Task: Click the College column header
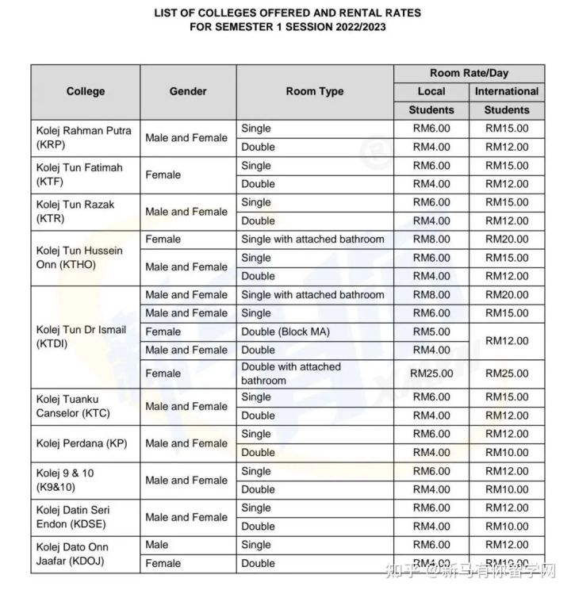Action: [86, 91]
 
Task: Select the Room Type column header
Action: [315, 91]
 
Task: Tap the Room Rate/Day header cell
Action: [469, 73]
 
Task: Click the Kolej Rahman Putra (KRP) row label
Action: [83, 137]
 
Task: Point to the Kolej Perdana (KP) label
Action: [82, 443]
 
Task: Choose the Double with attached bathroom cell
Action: [291, 374]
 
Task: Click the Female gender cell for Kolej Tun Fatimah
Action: [163, 174]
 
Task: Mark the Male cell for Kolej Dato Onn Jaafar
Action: [157, 545]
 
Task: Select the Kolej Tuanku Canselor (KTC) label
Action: [74, 406]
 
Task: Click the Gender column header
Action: [188, 91]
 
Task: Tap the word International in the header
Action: [507, 91]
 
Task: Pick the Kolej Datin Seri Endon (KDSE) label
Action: [76, 517]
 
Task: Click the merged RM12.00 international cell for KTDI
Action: [507, 340]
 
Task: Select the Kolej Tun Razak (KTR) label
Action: [75, 211]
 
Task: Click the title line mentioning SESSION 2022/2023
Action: [286, 27]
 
